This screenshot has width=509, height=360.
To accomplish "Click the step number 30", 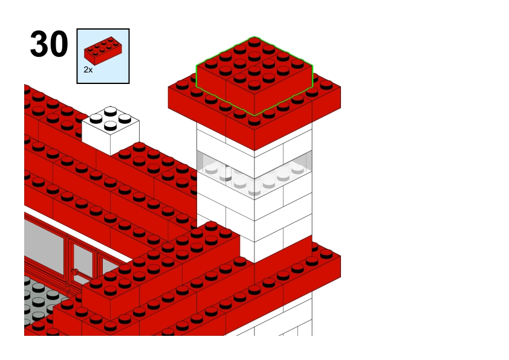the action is click(x=49, y=43).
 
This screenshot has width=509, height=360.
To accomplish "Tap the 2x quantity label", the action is click(x=88, y=69).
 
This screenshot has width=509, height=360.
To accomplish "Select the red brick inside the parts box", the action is click(x=103, y=51).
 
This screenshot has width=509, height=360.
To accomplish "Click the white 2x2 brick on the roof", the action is click(x=111, y=130).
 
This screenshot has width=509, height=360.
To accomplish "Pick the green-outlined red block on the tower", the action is click(x=254, y=76).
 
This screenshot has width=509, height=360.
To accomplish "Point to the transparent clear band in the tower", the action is click(x=254, y=173).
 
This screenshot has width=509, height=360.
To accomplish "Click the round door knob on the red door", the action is click(x=75, y=272).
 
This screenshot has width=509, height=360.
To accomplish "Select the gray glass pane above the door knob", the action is click(x=83, y=260).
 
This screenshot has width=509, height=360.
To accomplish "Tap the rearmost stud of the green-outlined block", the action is click(x=254, y=42).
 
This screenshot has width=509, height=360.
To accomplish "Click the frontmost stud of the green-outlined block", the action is click(x=254, y=85).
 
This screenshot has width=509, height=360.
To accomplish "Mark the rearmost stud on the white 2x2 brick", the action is click(x=111, y=111).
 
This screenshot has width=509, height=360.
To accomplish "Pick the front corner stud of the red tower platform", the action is click(x=254, y=121).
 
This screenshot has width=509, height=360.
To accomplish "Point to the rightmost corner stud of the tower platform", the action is click(x=326, y=85).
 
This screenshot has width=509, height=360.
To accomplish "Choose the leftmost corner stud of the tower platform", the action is click(x=182, y=85).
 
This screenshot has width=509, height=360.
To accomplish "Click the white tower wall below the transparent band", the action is click(x=254, y=220).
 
